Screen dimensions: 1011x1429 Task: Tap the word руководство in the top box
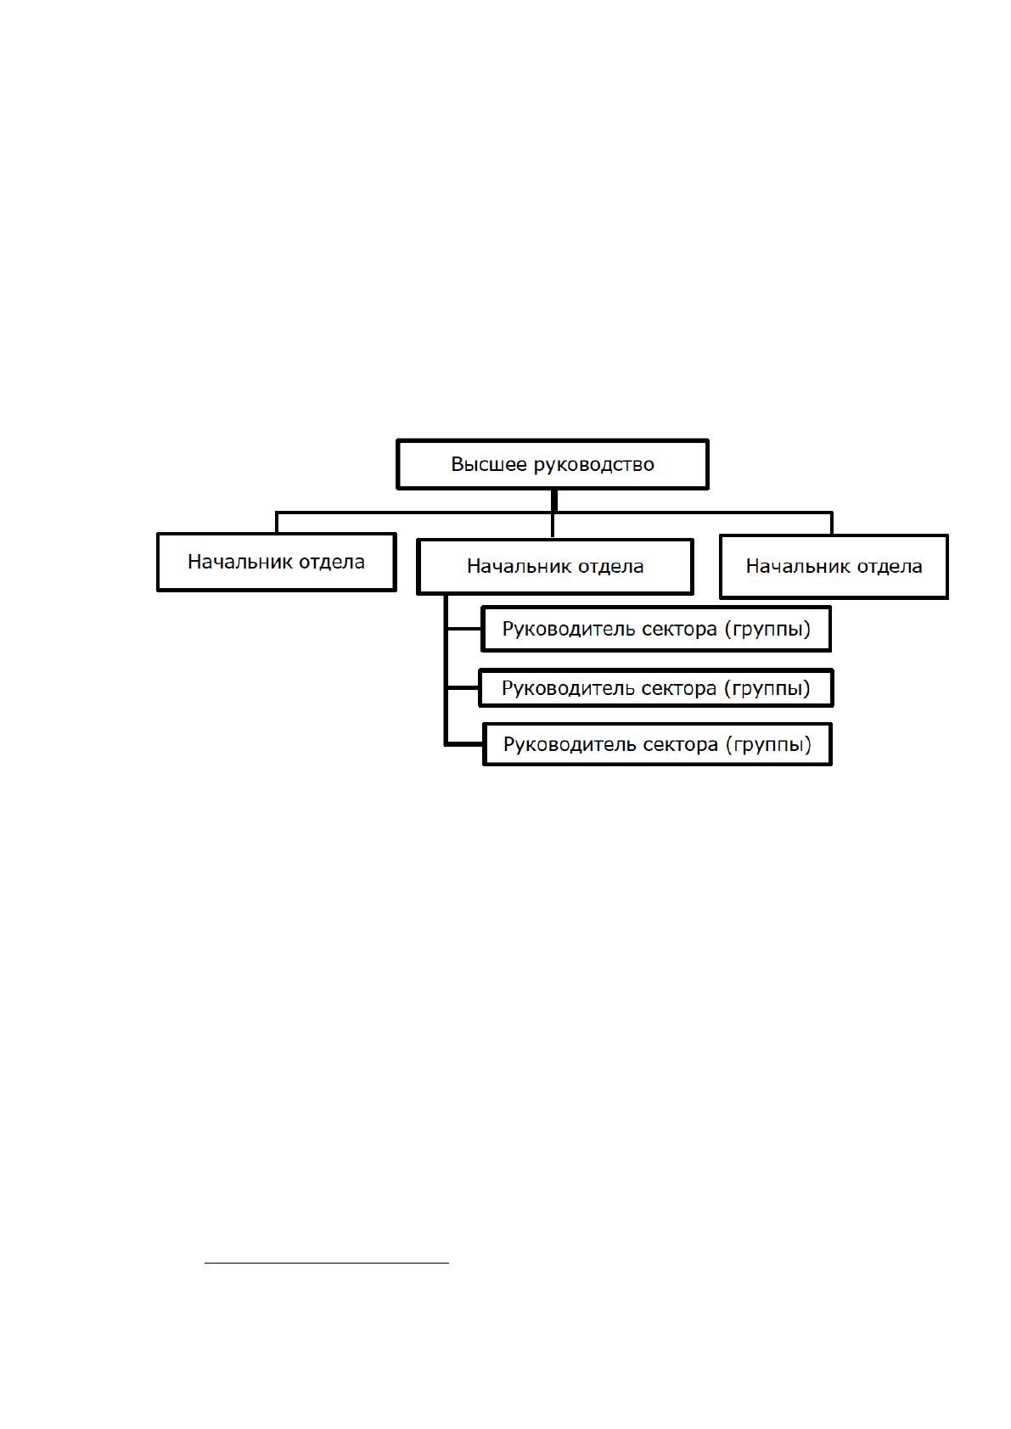coord(593,465)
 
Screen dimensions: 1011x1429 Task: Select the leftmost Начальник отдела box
coord(277,562)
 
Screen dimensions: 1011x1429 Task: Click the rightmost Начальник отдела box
coord(834,567)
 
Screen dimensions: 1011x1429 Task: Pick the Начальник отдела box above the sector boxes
coord(554,567)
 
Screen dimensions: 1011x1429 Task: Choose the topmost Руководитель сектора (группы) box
coord(656,629)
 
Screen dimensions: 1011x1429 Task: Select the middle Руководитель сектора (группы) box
coord(656,687)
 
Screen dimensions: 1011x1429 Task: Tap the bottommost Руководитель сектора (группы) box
coord(657,744)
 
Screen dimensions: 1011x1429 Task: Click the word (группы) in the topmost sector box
coord(767,630)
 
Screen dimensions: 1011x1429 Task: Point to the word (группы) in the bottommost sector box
coord(768,744)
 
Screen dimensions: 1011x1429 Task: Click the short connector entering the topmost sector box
coord(464,629)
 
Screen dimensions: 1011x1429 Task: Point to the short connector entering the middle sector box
coord(463,687)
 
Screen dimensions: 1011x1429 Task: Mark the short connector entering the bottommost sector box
coord(464,744)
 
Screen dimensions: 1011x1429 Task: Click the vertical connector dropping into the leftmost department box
coord(277,523)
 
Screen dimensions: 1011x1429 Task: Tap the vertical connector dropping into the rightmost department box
coord(832,523)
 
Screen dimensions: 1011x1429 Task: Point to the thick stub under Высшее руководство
coord(554,500)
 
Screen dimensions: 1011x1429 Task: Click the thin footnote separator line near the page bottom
coord(327,1263)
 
